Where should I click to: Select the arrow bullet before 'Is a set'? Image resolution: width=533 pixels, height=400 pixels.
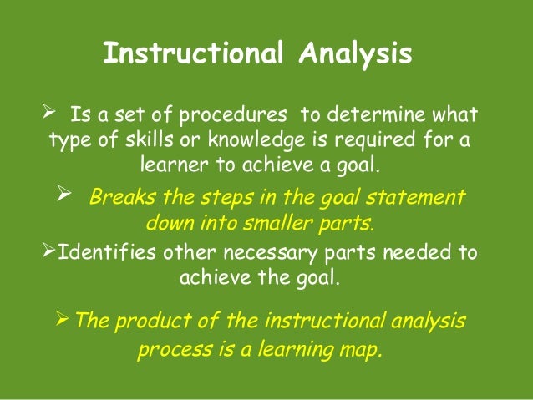(47, 112)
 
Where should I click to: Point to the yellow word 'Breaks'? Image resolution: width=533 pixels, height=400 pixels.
(119, 199)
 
